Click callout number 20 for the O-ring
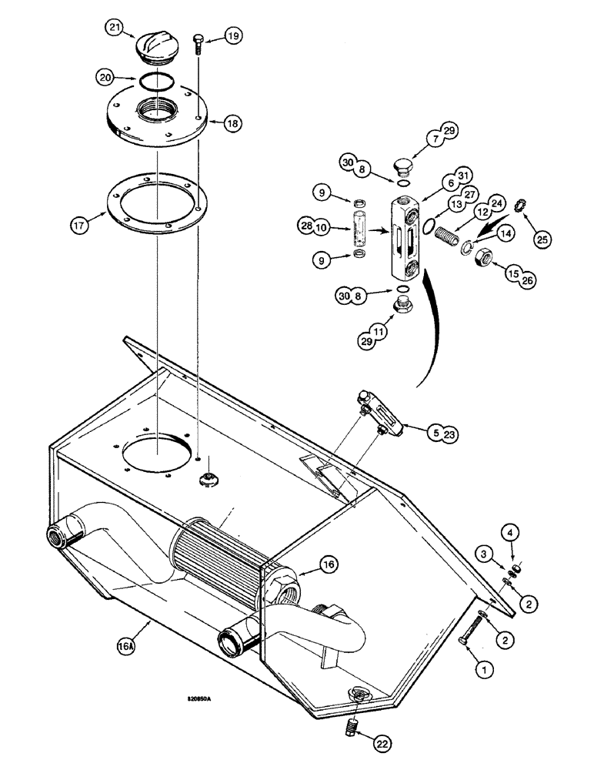[108, 77]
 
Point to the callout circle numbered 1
[483, 671]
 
